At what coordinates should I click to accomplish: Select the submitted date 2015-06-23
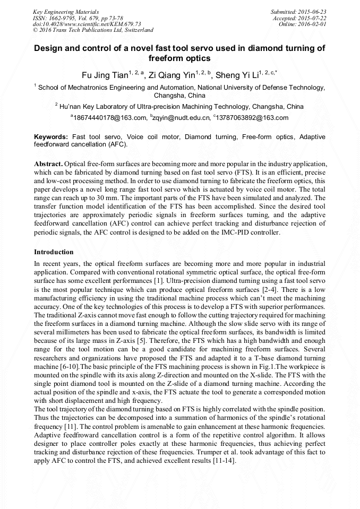pos(312,12)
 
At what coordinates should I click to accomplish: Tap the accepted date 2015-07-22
pos(312,18)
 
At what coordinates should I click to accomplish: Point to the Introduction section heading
pos(54,252)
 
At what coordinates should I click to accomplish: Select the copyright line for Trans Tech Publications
pos(93,31)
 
